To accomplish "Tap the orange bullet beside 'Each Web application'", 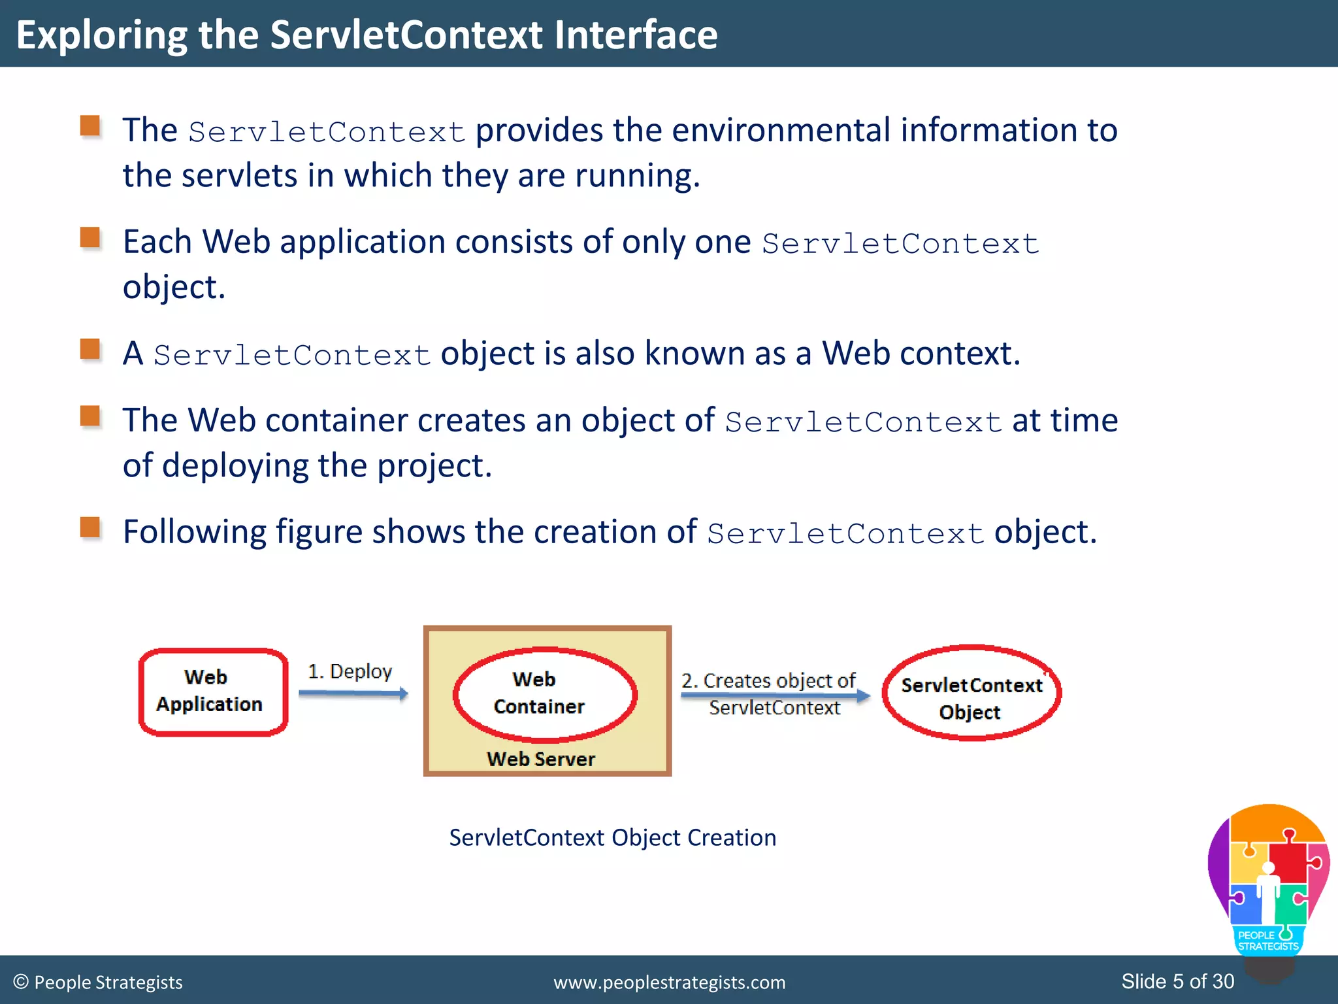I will (90, 238).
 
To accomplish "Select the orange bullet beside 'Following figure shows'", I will (90, 527).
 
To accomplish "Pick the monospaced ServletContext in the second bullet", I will (900, 244).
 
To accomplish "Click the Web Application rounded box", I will (213, 692).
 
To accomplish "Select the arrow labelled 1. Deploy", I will (353, 694).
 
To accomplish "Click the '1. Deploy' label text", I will (350, 671).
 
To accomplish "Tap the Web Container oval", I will (544, 694).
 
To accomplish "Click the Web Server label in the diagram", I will (541, 759).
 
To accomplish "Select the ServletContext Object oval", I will (971, 693).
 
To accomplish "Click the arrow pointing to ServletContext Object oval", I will (775, 695).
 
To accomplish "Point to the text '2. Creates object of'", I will (768, 680).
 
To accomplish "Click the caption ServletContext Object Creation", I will (612, 838).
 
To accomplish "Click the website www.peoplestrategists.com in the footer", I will (669, 982).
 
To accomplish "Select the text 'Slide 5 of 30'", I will (1177, 981).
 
